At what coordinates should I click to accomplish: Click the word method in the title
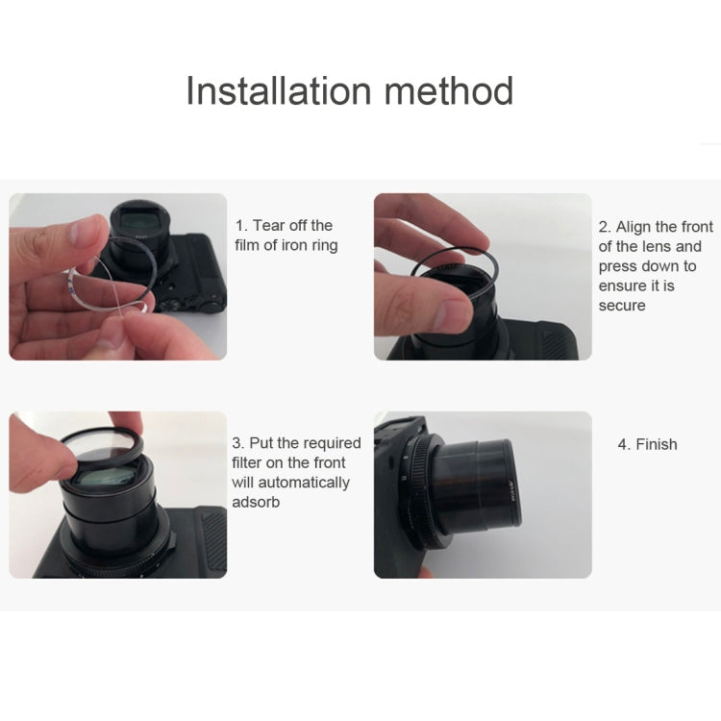[448, 91]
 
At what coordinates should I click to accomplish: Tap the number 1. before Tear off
[242, 225]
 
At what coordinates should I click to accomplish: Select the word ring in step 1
[320, 245]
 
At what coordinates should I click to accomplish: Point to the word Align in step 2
[634, 227]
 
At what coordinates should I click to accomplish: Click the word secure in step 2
[622, 306]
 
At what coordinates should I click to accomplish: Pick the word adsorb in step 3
[256, 503]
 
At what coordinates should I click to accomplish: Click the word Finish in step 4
[657, 444]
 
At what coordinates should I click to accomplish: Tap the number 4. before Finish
[624, 444]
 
